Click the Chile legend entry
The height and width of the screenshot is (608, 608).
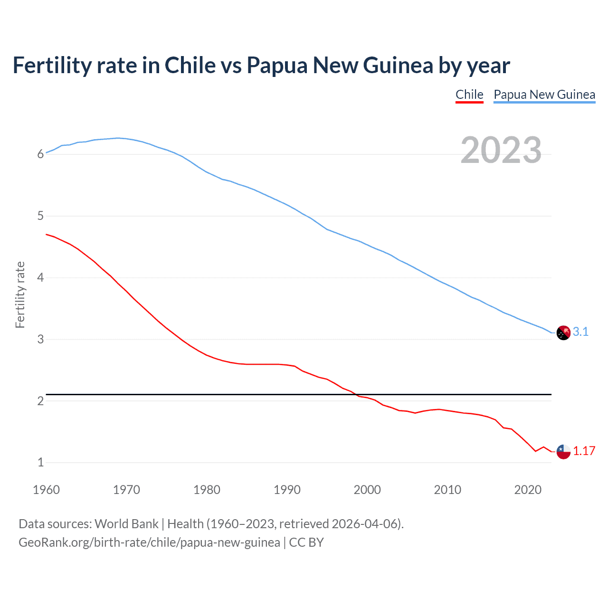pyautogui.click(x=469, y=95)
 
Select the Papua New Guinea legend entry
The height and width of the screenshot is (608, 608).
pyautogui.click(x=544, y=95)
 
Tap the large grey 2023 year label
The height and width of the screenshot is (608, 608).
pyautogui.click(x=501, y=150)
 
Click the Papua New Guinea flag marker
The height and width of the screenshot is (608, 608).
pyautogui.click(x=563, y=333)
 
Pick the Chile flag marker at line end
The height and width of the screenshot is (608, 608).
pyautogui.click(x=563, y=451)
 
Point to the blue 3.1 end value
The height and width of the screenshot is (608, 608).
pyautogui.click(x=580, y=332)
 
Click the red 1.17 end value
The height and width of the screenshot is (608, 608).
pyautogui.click(x=584, y=451)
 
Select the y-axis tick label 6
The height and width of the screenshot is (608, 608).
pyautogui.click(x=40, y=154)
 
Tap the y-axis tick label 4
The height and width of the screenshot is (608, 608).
pyautogui.click(x=40, y=277)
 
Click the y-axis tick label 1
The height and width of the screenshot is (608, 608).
pyautogui.click(x=40, y=462)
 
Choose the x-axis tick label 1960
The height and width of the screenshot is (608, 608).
pyautogui.click(x=46, y=490)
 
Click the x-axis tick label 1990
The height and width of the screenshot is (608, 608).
pyautogui.click(x=287, y=490)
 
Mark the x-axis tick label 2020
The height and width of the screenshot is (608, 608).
pyautogui.click(x=528, y=490)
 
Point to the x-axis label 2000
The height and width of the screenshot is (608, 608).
pyautogui.click(x=367, y=490)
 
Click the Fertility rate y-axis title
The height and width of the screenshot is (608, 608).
pyautogui.click(x=20, y=294)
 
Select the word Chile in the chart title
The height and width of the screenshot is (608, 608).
pyautogui.click(x=190, y=65)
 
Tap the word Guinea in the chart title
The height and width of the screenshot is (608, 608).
pyautogui.click(x=398, y=65)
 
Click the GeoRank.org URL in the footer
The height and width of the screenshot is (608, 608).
pyautogui.click(x=149, y=542)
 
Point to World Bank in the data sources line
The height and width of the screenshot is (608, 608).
pyautogui.click(x=126, y=524)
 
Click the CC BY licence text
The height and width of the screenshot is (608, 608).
pyautogui.click(x=306, y=542)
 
